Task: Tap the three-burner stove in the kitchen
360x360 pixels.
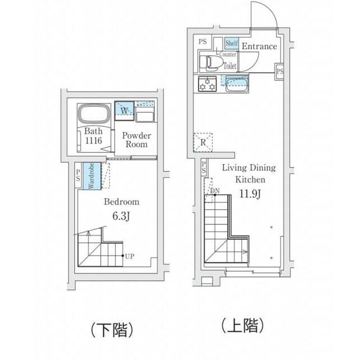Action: point(208,84)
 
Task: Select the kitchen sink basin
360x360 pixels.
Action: point(237,84)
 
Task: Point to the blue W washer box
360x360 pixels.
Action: point(124,110)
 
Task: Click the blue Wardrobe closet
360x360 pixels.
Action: point(92,176)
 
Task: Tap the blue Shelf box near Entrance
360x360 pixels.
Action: point(231,43)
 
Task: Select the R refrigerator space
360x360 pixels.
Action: point(203,142)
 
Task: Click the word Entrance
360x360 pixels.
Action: point(259,46)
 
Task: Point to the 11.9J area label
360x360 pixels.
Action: point(250,194)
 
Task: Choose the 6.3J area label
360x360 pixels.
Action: point(121,216)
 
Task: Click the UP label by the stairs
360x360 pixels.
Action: point(130,256)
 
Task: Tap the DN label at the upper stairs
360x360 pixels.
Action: point(215,191)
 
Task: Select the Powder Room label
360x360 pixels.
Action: point(137,140)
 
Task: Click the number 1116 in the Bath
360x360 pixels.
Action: point(93,141)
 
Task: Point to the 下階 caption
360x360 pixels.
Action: point(112,330)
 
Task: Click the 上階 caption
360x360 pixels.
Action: point(242,325)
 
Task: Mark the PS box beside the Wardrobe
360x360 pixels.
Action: point(78,175)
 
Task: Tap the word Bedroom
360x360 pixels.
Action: point(121,202)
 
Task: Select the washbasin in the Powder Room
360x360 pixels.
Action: point(145,117)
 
